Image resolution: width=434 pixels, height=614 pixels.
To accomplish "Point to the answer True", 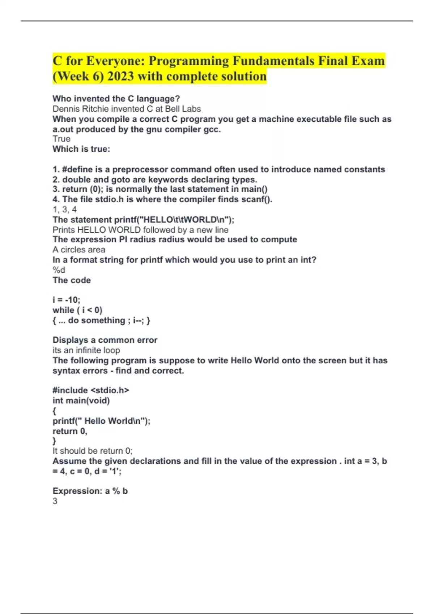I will pos(61,139).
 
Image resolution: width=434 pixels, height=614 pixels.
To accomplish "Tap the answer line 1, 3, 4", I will pos(65,209).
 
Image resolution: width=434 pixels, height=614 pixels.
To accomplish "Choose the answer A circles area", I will pos(79,250).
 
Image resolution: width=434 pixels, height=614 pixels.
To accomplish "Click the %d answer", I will pos(59,270).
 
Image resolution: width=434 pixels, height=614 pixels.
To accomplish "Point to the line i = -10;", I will pos(66,300).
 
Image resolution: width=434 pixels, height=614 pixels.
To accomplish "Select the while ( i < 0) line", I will pos(77,310).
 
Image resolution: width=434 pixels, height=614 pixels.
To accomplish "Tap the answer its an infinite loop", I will pos(86,350).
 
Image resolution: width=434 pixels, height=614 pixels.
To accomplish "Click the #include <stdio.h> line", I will pos(91,390).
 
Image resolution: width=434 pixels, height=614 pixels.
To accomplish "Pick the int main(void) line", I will pos(81,400).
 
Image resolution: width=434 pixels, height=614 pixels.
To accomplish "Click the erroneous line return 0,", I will pos(70,431).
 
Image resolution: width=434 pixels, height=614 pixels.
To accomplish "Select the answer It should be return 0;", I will pos(93,451).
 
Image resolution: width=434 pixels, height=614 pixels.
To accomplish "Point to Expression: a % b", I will pos(90,491).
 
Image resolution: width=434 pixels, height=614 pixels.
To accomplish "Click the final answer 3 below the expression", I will pos(55,501).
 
